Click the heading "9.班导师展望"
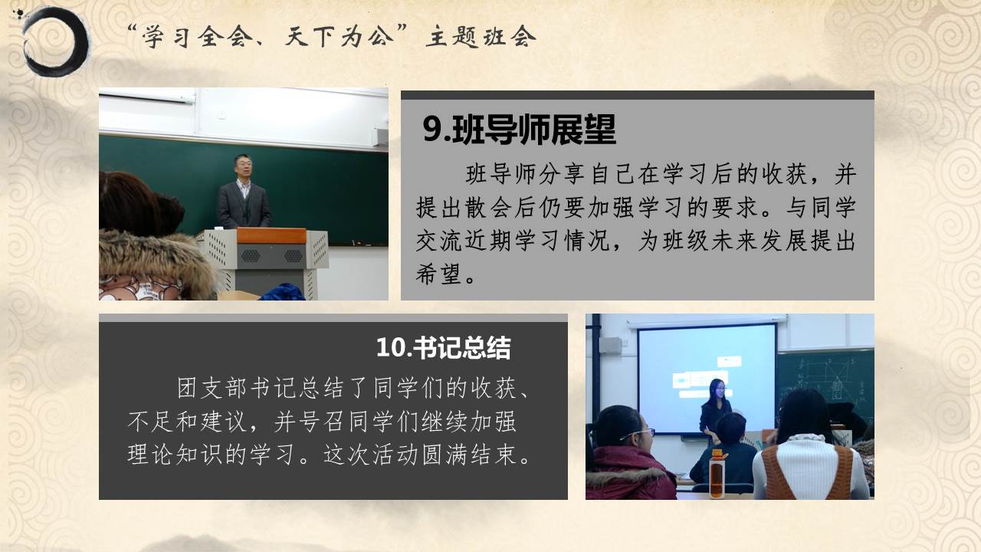(x=520, y=130)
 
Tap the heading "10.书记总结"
(x=443, y=348)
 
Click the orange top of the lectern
(x=271, y=235)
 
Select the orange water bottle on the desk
(x=717, y=473)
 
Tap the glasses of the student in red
(x=638, y=435)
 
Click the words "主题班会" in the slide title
(x=481, y=36)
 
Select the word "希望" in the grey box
(x=438, y=275)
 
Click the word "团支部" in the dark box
(x=212, y=388)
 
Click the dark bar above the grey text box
(x=638, y=95)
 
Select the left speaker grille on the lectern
(x=251, y=256)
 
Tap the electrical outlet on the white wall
(x=221, y=115)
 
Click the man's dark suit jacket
(x=244, y=206)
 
